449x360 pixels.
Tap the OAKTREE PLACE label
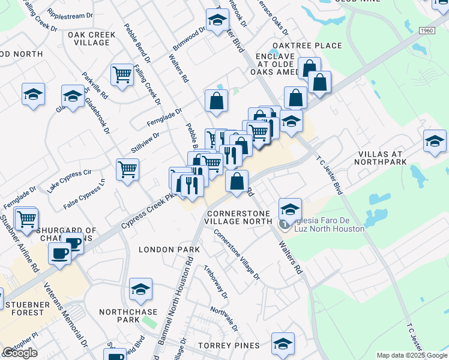pyautogui.click(x=307, y=46)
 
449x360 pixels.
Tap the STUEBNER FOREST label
pyautogui.click(x=28, y=308)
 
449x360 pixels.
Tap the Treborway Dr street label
pyautogui.click(x=215, y=282)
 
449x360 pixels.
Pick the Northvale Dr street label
pyautogui.click(x=224, y=320)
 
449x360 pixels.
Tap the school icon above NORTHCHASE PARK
pyautogui.click(x=141, y=290)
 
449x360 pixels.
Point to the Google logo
pyautogui.click(x=20, y=353)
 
